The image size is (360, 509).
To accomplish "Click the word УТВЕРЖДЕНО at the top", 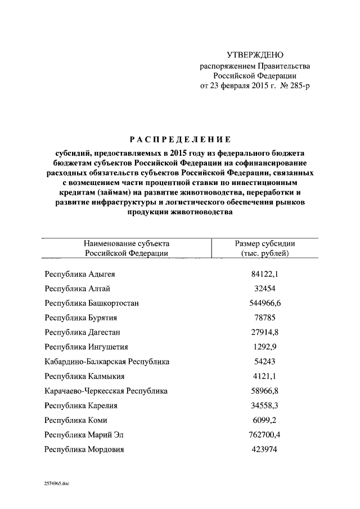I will [254, 55].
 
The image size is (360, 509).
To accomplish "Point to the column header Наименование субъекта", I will [127, 244].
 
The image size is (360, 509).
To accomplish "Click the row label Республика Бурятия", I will [81, 318].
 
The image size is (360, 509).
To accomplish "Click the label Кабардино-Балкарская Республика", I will [107, 362].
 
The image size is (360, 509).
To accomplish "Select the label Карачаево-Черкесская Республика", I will [106, 391].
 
